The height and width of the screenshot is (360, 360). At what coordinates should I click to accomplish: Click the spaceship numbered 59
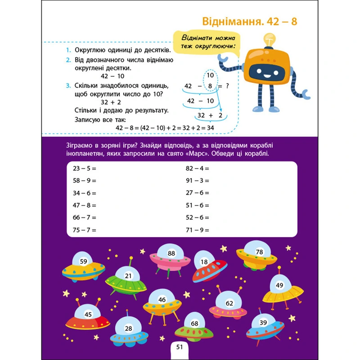[x=83, y=268]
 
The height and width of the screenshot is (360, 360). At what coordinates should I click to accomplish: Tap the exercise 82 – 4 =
[x=198, y=168]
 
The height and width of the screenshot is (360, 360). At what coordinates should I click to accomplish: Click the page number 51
[x=180, y=347]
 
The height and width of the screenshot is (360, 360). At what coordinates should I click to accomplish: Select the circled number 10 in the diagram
[x=210, y=75]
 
